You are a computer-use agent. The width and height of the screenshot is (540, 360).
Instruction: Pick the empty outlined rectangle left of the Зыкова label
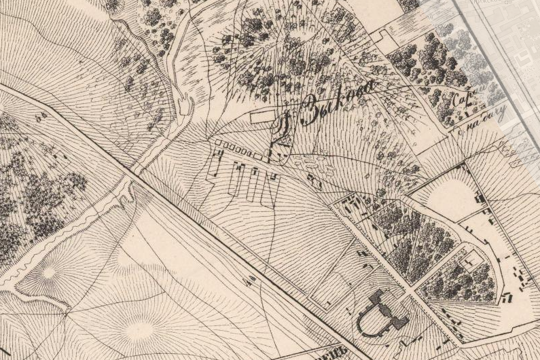click(261, 118)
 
